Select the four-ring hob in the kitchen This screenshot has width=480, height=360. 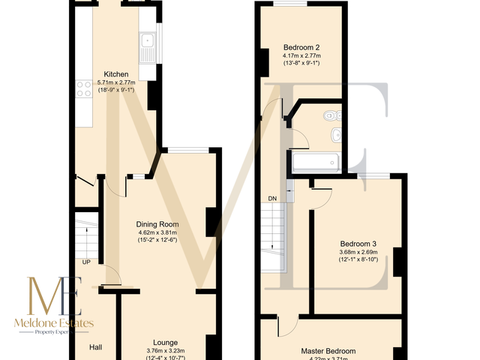(x=82, y=91)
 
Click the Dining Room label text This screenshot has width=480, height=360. (x=157, y=224)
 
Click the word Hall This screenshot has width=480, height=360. (x=96, y=347)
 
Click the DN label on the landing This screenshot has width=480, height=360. (x=272, y=199)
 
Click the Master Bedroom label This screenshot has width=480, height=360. (x=328, y=350)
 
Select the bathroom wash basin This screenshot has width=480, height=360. (x=336, y=135)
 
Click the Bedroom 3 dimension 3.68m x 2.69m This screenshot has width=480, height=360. (x=358, y=252)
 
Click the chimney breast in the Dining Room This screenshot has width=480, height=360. (x=212, y=221)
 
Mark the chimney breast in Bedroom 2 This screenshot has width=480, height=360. (x=263, y=61)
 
